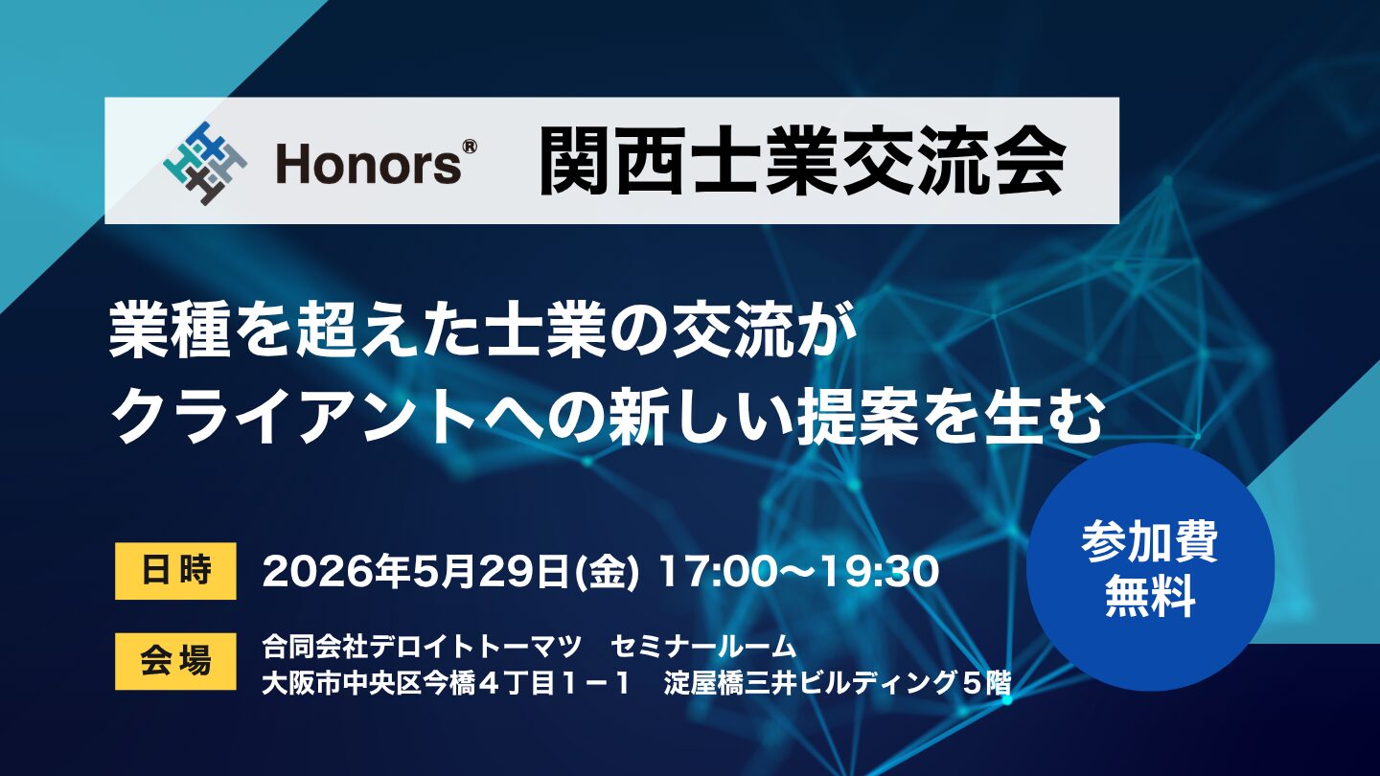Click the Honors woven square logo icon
coord(205,164)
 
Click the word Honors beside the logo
coord(367,165)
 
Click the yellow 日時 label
coord(175,570)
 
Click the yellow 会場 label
coord(175,660)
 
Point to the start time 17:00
coord(729,571)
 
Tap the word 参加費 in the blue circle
coord(1150,541)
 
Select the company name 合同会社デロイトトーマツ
coord(422,647)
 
